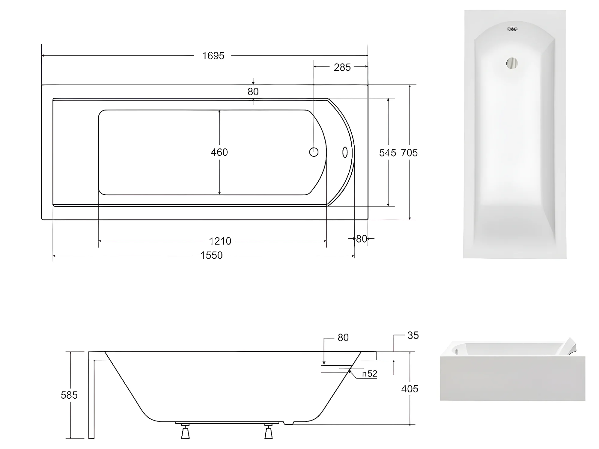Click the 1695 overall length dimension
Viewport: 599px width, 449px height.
213,56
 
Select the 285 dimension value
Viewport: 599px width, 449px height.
342,67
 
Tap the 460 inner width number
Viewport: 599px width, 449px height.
219,152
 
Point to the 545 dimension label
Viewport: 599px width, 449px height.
388,153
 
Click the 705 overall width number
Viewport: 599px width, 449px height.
409,153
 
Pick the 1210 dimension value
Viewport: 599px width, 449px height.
220,241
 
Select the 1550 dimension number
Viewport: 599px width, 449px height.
211,255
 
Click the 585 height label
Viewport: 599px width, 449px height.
69,395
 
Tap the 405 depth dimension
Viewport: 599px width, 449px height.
410,389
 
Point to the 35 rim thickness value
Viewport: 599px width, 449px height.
413,335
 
